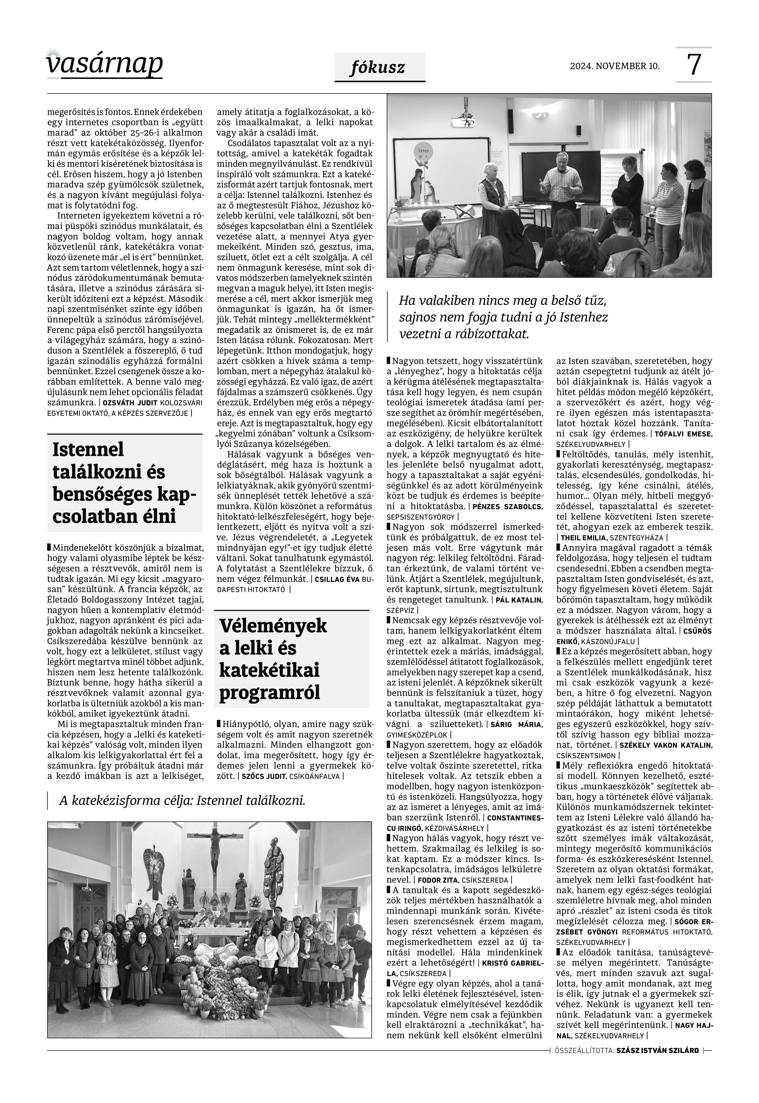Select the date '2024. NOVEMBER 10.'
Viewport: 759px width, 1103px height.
pyautogui.click(x=615, y=66)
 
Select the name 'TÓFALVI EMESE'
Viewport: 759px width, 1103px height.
pyautogui.click(x=683, y=434)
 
